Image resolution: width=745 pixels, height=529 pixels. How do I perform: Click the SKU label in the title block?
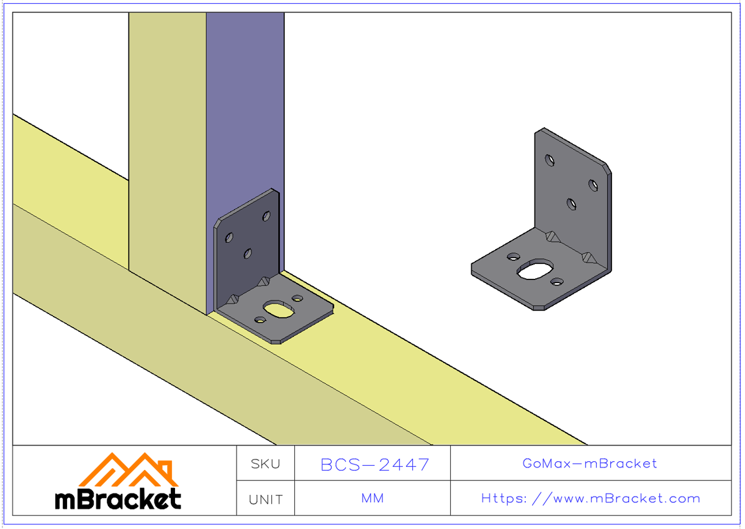(265, 464)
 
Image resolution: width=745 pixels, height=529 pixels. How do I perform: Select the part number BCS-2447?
(374, 464)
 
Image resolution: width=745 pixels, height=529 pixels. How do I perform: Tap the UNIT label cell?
(265, 499)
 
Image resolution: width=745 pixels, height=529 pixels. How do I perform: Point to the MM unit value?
(372, 499)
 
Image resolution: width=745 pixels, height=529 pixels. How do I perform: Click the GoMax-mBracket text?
(590, 463)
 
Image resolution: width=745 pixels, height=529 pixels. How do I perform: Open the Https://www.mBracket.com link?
(590, 499)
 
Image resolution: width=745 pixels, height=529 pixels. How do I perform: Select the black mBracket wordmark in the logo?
(118, 499)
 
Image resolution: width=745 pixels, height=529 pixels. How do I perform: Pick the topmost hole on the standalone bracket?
(550, 160)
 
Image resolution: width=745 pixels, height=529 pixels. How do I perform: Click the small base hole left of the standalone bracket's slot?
(513, 256)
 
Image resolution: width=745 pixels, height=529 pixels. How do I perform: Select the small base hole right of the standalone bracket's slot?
(557, 283)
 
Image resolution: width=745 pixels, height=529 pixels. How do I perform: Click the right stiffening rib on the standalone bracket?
(587, 256)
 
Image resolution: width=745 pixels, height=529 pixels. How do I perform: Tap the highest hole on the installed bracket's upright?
(266, 216)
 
